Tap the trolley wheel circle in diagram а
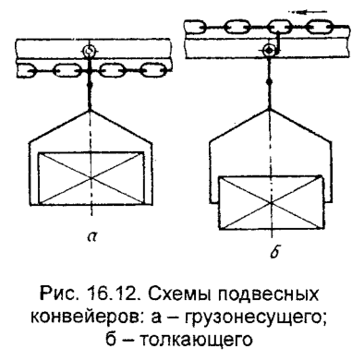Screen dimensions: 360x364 pos(88,53)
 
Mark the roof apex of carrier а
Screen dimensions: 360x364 pos(88,114)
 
